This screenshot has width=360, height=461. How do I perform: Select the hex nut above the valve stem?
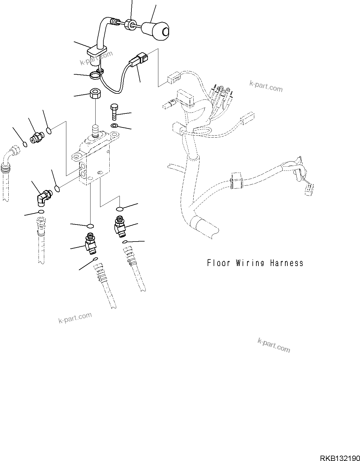(x=96, y=94)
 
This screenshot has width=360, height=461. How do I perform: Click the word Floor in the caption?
(x=219, y=263)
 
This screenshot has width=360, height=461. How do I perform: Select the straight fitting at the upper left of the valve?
(x=36, y=138)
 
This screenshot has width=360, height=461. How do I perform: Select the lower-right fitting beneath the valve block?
(x=120, y=226)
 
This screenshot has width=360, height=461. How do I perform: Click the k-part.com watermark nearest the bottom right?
(x=273, y=345)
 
